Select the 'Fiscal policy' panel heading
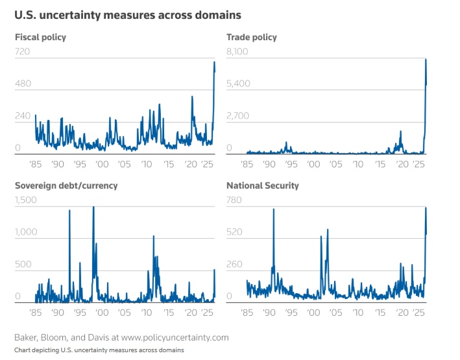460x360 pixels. coord(40,37)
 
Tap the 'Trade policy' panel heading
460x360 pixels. coord(252,37)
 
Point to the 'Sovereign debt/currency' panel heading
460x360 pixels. coord(66,186)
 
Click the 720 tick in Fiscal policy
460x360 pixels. coord(23,51)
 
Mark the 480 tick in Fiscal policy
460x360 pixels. coord(23,84)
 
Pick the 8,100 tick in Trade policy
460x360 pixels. coord(237,51)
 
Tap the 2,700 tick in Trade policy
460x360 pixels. coord(237,116)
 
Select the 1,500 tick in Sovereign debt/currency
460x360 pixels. coord(26,200)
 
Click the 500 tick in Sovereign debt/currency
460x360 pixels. coord(23,264)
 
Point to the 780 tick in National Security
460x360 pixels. coord(234,200)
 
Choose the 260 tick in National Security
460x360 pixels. coord(234,264)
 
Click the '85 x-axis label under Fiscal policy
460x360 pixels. coord(35,165)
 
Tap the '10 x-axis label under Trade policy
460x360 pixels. coord(357,165)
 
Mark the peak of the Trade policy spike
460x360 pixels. coord(426,60)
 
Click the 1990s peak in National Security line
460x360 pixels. coord(273,210)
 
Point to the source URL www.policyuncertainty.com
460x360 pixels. coord(175,338)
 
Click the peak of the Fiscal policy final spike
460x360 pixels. coord(215,62)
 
